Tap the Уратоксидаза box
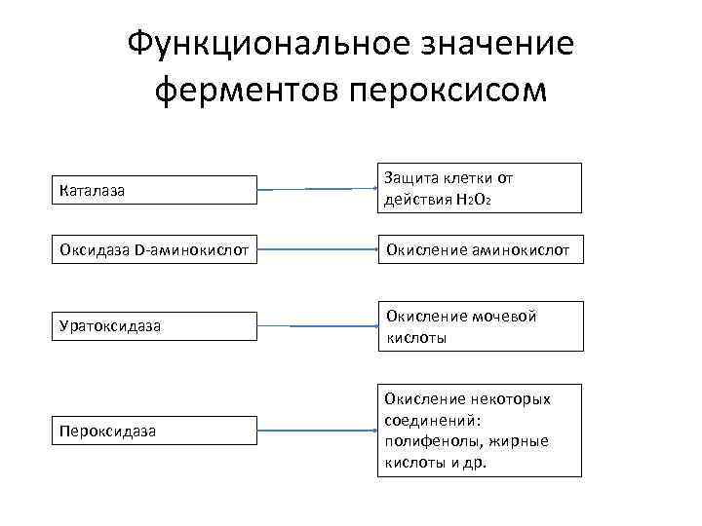click(x=154, y=325)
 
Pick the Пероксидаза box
click(x=154, y=429)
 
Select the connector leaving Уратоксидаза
click(x=316, y=325)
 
